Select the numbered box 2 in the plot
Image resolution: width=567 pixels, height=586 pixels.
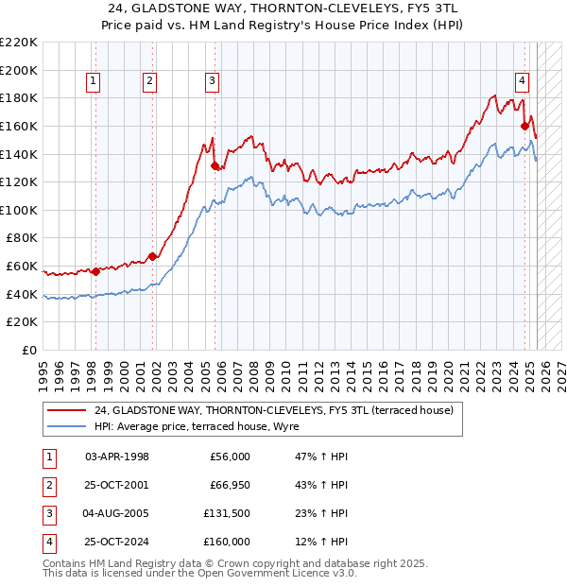click(x=149, y=82)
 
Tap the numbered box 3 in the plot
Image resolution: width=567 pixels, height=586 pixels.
click(x=213, y=82)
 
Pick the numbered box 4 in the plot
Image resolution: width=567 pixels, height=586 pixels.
click(x=522, y=82)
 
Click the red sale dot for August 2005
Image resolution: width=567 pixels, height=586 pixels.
click(x=215, y=165)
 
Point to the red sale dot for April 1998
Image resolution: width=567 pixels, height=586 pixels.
click(x=95, y=272)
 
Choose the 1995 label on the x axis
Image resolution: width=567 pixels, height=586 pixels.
click(x=43, y=371)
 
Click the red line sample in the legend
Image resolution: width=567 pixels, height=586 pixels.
click(x=66, y=410)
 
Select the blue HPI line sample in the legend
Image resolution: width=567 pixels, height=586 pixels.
click(x=66, y=426)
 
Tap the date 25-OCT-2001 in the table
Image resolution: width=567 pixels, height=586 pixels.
click(x=117, y=485)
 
